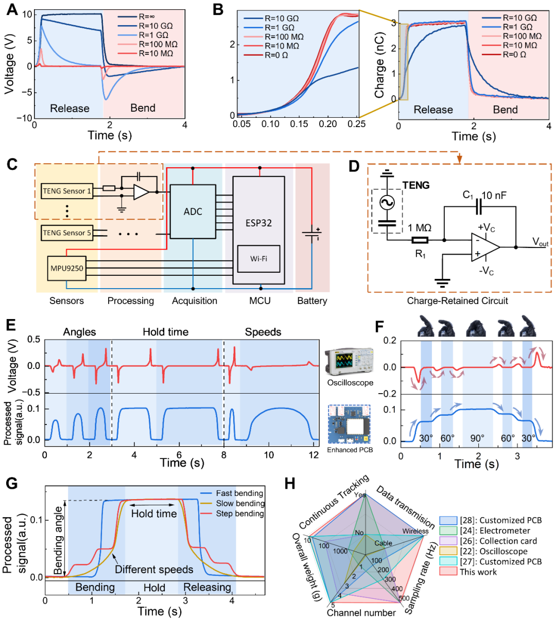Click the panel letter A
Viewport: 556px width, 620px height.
click(11, 10)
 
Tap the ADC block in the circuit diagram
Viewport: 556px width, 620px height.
click(193, 211)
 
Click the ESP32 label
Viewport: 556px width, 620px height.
click(258, 223)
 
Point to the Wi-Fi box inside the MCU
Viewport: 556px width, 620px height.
click(258, 258)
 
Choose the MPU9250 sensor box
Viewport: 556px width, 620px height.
click(67, 268)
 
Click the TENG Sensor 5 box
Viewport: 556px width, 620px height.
click(67, 233)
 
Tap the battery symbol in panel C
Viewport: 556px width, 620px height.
click(311, 234)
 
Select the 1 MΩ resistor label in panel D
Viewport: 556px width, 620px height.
click(419, 227)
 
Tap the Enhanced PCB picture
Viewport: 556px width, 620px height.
click(349, 424)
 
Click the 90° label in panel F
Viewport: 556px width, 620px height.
click(477, 438)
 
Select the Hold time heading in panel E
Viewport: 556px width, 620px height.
click(165, 332)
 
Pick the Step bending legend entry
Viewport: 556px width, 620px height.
click(240, 513)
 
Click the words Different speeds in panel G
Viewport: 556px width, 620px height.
click(154, 569)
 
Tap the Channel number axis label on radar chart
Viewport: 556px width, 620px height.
click(361, 612)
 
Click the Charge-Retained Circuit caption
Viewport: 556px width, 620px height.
click(458, 301)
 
